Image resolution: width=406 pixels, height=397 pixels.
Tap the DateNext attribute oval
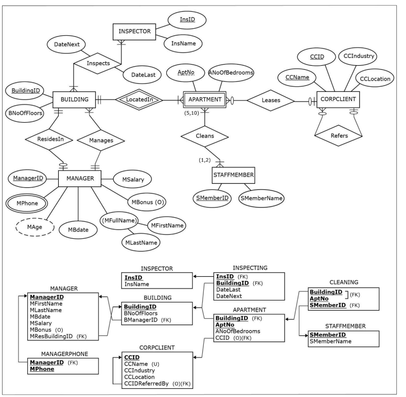coord(63,45)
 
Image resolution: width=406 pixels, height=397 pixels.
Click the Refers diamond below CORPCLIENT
coord(338,136)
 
